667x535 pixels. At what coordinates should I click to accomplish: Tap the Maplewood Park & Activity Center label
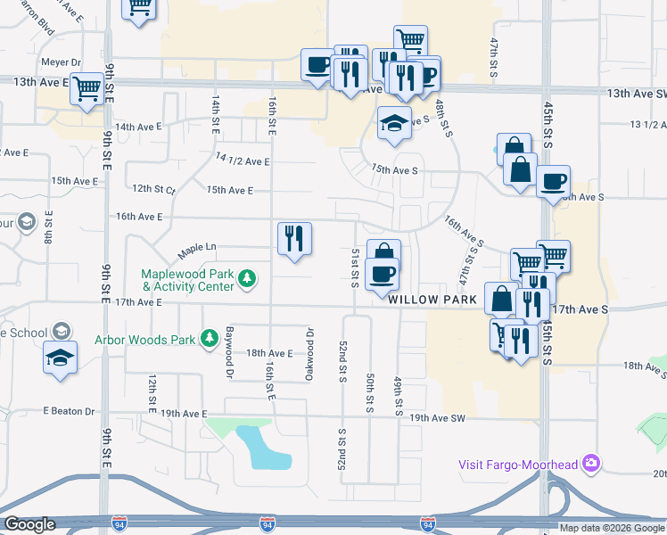point(187,281)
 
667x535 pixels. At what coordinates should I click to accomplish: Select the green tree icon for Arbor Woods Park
point(210,339)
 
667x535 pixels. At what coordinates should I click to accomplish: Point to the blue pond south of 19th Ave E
point(264,449)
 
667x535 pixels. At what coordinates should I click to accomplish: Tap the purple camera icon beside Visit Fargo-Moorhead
point(590,463)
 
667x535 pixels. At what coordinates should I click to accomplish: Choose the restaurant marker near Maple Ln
point(293,239)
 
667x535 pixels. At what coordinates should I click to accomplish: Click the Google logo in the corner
point(29,524)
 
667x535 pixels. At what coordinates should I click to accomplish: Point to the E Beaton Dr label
point(69,411)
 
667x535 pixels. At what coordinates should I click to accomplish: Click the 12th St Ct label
point(154,189)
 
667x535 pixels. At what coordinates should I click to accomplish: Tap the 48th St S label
point(441,118)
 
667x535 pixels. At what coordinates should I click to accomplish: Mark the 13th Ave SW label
point(636,93)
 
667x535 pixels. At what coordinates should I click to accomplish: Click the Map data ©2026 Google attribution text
point(613,528)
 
